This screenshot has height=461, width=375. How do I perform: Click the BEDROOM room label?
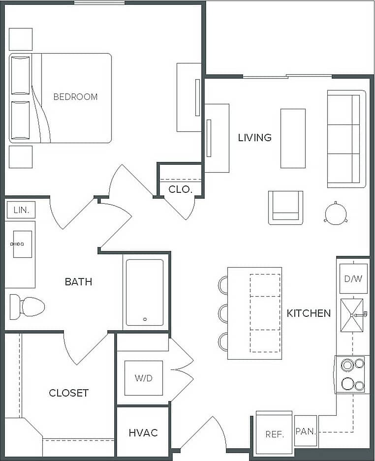[75, 97]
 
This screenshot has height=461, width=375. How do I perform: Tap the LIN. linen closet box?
[21, 210]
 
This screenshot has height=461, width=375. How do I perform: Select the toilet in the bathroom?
[28, 307]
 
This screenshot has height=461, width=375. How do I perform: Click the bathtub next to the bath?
[145, 292]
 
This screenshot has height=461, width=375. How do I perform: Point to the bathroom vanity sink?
[22, 244]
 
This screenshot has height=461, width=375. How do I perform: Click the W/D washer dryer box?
[143, 378]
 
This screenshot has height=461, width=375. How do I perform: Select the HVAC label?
[143, 433]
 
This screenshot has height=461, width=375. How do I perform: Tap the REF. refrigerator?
[274, 433]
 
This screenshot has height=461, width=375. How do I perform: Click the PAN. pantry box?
[305, 431]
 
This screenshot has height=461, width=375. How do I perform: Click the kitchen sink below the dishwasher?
[352, 314]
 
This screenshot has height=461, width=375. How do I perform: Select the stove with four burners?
[351, 374]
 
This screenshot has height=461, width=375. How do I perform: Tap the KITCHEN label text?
[309, 313]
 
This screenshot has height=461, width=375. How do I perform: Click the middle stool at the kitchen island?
[223, 313]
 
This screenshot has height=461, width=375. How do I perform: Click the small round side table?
[336, 214]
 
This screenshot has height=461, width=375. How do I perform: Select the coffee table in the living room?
[293, 138]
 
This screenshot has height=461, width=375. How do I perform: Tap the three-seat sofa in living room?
[346, 139]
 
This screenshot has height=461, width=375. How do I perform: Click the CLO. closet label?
[180, 189]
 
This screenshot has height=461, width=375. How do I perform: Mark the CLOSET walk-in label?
[68, 393]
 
